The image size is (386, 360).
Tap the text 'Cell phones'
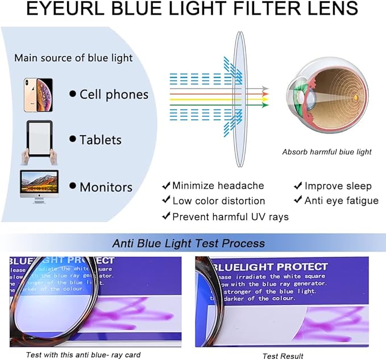pos(114,94)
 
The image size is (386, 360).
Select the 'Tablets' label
pos(101,140)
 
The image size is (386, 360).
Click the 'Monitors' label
pos(106,187)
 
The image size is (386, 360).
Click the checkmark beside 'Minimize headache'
pos(166,186)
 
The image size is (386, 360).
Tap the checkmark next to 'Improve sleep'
pos(297,186)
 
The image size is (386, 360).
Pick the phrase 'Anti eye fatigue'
pos(341,200)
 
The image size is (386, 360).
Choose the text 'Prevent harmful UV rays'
pos(230,216)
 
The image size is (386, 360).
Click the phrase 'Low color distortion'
pos(218,201)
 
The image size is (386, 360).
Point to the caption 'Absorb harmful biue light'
pos(327,152)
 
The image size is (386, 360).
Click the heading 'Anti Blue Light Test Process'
pos(188,243)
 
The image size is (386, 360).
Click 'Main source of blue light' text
pos(73,58)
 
